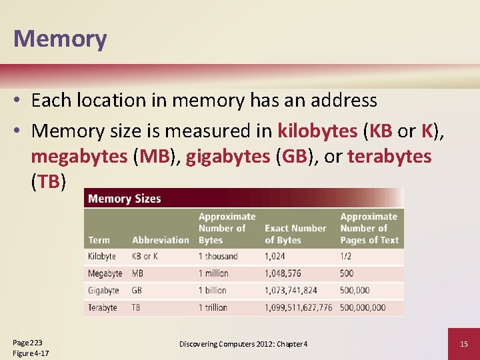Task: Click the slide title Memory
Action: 60,38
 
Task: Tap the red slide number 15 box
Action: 463,343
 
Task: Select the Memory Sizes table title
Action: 125,199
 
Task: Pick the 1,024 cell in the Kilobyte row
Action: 275,256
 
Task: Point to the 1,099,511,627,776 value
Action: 298,307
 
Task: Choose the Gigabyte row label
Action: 103,291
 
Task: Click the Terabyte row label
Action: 103,307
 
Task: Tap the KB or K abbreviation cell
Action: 145,256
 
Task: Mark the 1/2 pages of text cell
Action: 347,256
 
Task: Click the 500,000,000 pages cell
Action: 363,307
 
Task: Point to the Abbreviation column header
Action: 161,240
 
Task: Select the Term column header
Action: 99,240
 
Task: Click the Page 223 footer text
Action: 27,341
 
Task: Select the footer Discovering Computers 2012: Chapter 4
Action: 243,344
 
